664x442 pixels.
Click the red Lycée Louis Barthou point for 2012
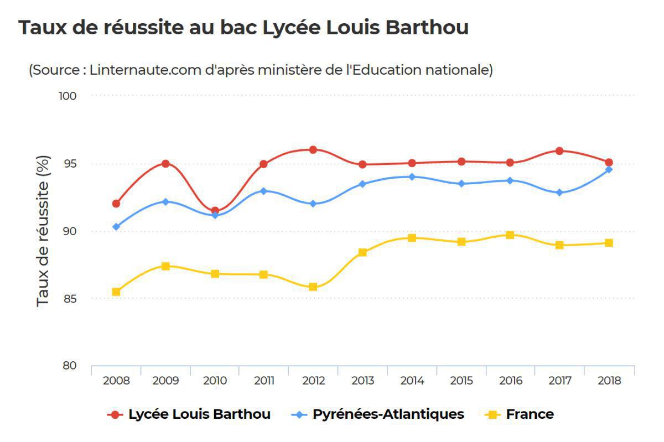click(313, 149)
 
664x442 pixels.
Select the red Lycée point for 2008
click(116, 204)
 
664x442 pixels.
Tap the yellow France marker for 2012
click(313, 287)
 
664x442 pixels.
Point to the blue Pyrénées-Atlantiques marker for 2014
click(412, 177)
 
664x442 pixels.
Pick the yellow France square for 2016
click(510, 235)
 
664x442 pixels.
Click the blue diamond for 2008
click(116, 227)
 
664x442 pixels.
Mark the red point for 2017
click(559, 150)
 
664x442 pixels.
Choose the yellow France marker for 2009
click(165, 266)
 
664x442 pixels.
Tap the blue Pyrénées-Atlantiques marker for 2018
click(609, 169)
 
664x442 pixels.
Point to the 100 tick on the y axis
click(67, 96)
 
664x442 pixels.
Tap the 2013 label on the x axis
click(362, 381)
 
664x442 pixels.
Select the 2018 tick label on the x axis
click(609, 381)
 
